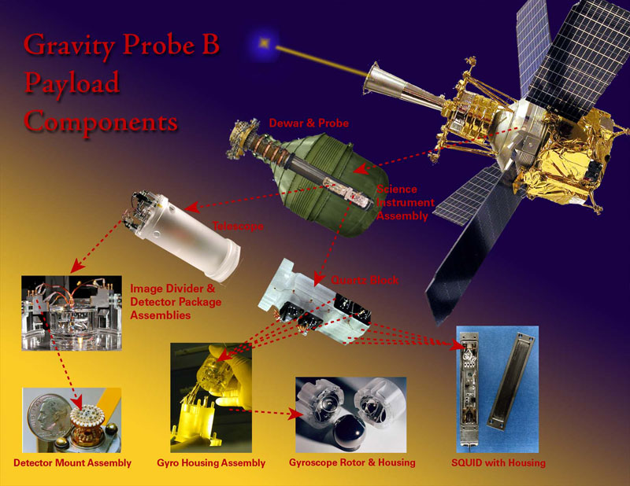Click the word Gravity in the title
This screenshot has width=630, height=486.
69,46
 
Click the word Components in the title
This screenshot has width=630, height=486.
101,122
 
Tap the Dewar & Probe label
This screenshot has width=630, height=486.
309,123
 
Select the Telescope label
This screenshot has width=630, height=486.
238,226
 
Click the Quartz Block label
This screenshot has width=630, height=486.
365,280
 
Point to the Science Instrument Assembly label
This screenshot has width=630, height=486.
405,202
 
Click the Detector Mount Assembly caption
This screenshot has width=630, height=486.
72,462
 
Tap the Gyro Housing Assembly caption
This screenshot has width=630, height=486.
211,462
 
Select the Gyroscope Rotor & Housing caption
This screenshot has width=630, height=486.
352,462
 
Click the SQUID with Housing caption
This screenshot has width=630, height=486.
498,462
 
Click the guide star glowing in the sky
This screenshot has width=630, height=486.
264,42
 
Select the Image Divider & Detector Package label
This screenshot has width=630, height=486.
176,302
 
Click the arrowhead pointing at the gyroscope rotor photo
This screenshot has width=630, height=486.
295,414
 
